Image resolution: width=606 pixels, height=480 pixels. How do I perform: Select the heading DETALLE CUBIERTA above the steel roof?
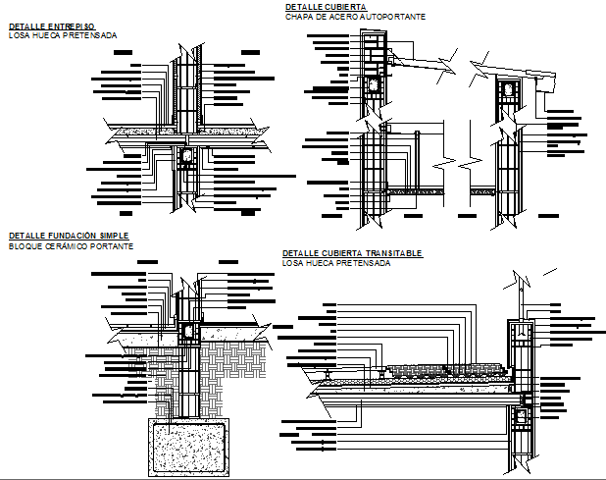[x=320, y=7]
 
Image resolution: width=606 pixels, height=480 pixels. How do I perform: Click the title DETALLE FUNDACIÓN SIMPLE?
[x=67, y=237]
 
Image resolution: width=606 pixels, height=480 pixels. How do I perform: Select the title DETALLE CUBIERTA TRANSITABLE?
[x=352, y=253]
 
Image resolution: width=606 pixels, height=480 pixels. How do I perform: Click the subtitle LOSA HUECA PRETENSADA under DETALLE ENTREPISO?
[x=62, y=35]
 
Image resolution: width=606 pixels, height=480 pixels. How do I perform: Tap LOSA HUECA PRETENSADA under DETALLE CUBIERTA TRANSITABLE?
[x=336, y=263]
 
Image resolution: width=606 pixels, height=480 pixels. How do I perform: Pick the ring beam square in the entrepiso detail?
[x=186, y=158]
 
